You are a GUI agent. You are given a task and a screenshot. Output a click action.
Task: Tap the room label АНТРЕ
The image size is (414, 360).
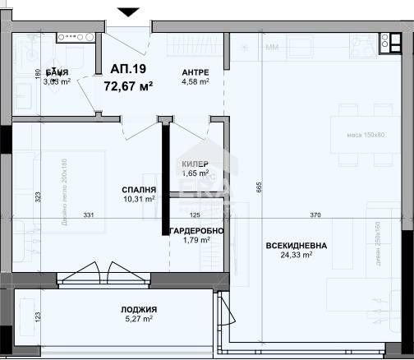(x=195, y=72)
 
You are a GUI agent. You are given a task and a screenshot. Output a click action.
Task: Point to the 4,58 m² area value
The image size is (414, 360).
(x=195, y=81)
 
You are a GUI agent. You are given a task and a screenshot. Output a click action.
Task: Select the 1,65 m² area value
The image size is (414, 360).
(x=195, y=174)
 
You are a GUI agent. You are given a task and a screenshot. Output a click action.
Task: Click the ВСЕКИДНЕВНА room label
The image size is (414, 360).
(x=295, y=245)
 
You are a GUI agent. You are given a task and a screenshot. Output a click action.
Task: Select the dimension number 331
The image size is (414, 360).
(x=89, y=215)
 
